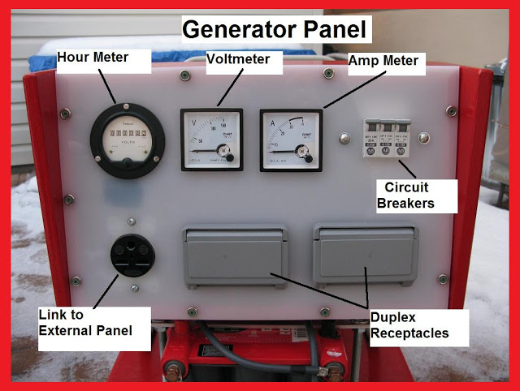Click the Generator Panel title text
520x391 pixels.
275,30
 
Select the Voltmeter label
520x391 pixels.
243,60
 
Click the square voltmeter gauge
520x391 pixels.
211,140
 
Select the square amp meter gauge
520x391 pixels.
290,140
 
